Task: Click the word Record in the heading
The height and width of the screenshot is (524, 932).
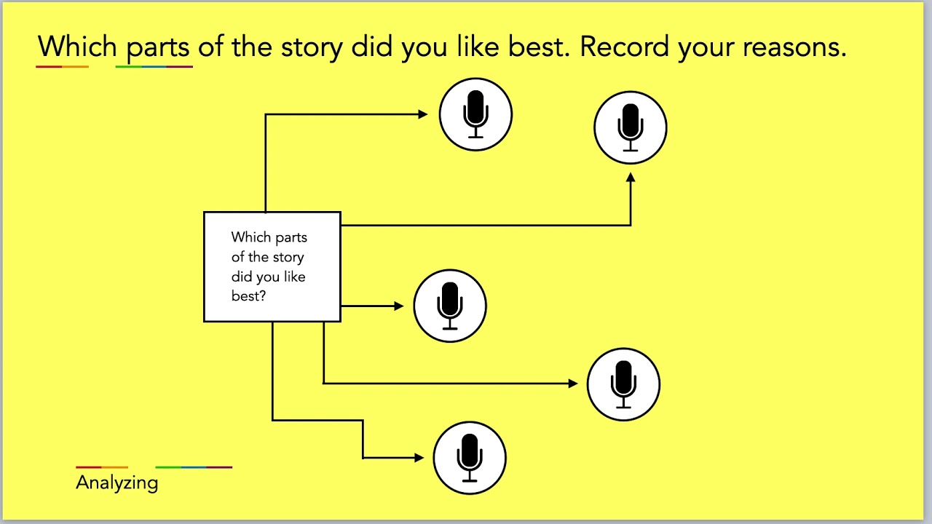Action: coord(625,47)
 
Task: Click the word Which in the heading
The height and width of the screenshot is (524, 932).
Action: coord(77,47)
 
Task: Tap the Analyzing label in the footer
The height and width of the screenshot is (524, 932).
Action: coord(116,483)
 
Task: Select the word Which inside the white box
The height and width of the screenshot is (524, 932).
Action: coord(250,237)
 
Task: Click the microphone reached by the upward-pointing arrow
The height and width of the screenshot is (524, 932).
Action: coord(631,127)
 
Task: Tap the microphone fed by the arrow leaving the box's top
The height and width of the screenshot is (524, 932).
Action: coord(475,114)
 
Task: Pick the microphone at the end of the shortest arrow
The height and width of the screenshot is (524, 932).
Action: coord(450,306)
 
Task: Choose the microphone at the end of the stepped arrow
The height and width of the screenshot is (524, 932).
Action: coord(470,458)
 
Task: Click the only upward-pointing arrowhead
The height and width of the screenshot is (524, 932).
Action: coord(631,177)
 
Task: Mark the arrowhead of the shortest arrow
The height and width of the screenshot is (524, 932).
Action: coord(399,306)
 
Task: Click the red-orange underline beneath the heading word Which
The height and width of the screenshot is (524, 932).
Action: coord(62,66)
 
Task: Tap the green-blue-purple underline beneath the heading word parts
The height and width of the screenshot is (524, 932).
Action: coord(154,66)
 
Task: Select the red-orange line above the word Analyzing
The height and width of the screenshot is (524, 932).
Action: coord(102,467)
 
